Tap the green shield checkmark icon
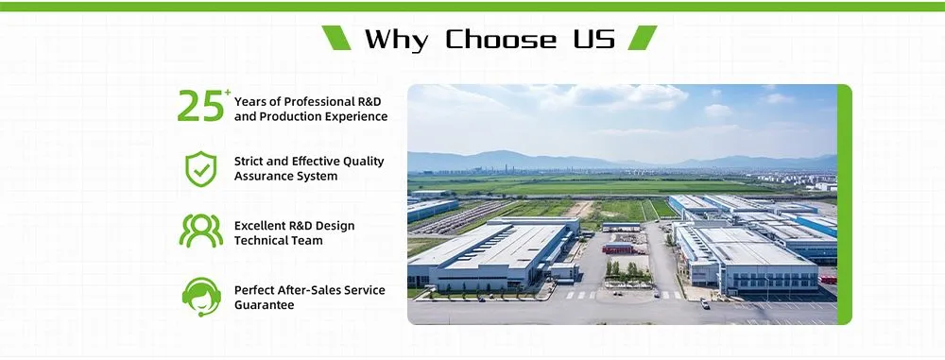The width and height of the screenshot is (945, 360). pyautogui.click(x=200, y=169)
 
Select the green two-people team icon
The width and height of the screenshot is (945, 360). pyautogui.click(x=200, y=232)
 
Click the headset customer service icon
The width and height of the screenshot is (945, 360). pyautogui.click(x=200, y=296)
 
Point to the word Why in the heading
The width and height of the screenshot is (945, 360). pyautogui.click(x=395, y=39)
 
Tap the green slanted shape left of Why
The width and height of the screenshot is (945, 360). pyautogui.click(x=336, y=38)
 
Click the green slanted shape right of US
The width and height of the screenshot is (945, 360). pyautogui.click(x=643, y=38)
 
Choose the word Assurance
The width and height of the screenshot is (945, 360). pyautogui.click(x=266, y=177)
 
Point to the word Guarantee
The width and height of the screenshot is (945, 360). pyautogui.click(x=265, y=305)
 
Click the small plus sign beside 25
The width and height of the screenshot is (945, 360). pyautogui.click(x=227, y=92)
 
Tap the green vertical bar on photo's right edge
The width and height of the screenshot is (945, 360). pyautogui.click(x=844, y=203)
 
